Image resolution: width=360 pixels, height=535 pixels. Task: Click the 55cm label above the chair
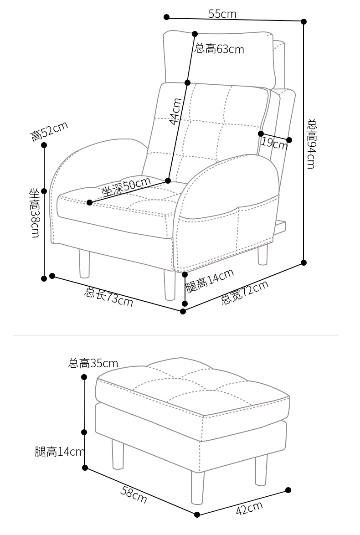222,14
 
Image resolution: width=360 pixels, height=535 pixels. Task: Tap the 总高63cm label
219,49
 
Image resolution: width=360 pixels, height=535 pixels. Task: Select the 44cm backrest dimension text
175,111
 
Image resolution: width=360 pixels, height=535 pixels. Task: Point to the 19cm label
274,143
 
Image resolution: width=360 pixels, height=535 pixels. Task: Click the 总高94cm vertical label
311,144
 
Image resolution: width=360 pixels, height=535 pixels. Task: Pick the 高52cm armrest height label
49,131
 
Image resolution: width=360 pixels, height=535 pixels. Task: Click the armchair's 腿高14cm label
210,280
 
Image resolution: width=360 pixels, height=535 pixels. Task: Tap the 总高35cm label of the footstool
93,363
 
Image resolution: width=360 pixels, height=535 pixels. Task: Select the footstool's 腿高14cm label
60,452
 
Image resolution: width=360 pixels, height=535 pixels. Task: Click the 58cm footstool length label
134,495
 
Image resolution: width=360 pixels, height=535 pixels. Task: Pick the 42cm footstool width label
249,508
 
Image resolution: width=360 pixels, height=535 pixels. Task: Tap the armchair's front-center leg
170,285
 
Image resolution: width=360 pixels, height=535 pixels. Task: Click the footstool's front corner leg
197,488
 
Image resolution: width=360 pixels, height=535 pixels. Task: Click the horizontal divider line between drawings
175,336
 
